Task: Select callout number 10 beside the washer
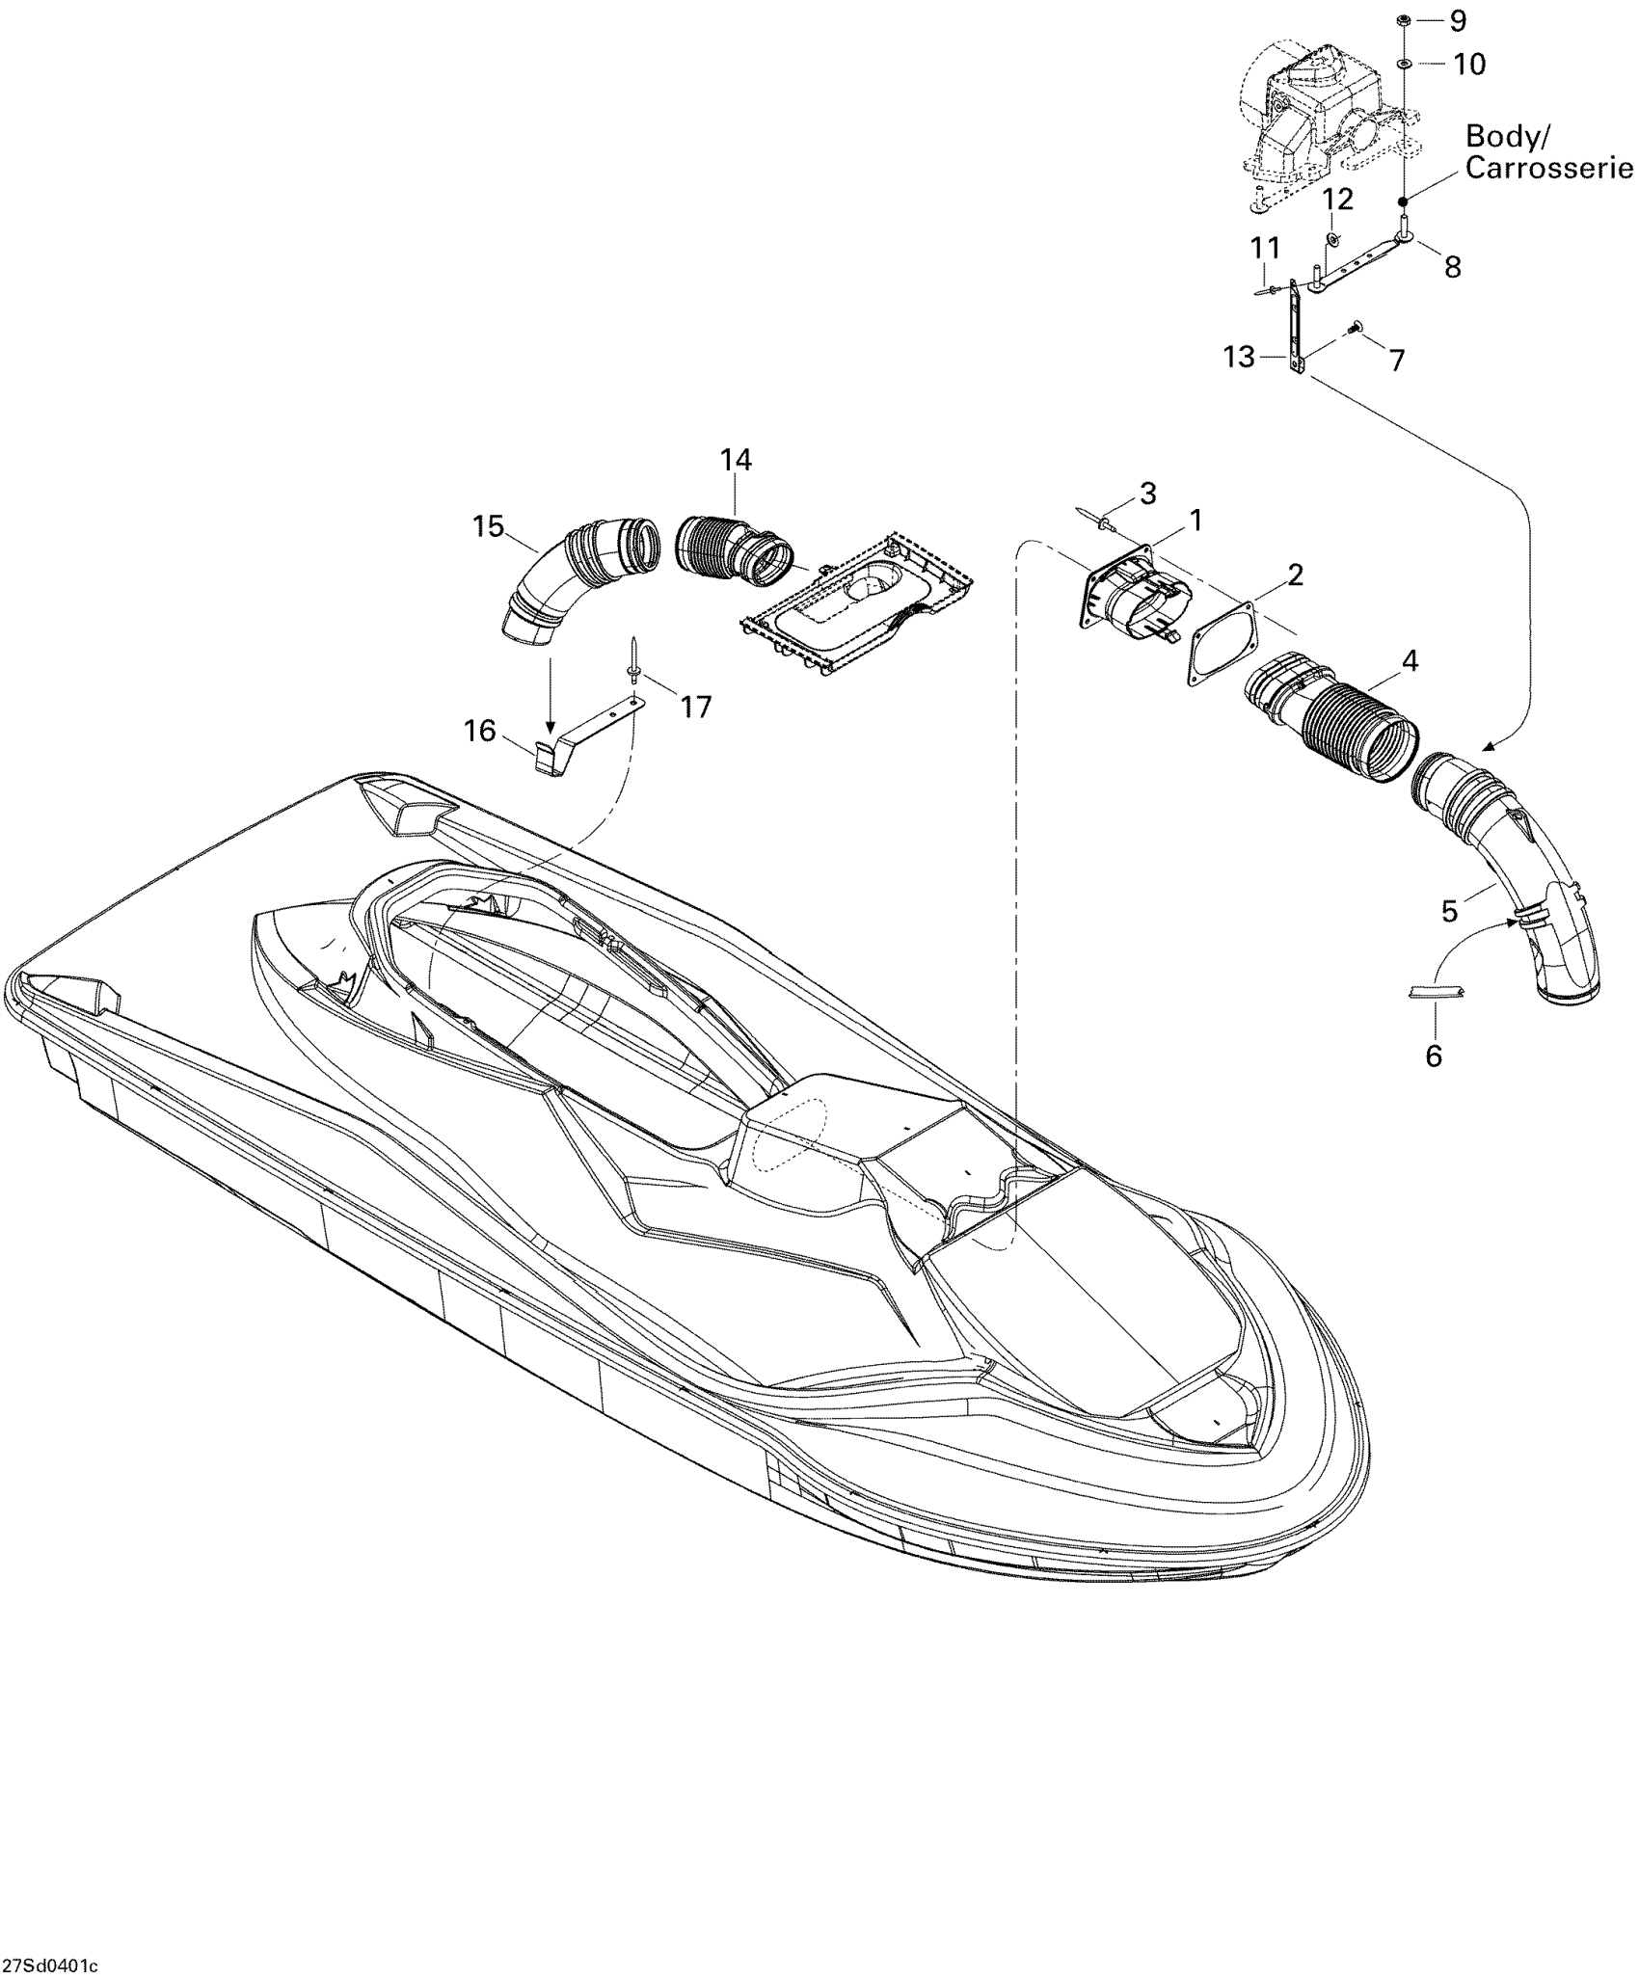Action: (x=1470, y=65)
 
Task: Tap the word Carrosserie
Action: (x=1549, y=168)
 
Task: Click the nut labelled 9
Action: (x=1404, y=19)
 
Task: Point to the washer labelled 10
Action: (x=1404, y=64)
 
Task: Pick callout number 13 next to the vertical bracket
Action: (x=1239, y=358)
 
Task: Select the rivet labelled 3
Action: (x=1101, y=520)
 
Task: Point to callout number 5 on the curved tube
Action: (x=1449, y=911)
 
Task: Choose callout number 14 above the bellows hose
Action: (x=736, y=460)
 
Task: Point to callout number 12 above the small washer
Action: (x=1337, y=200)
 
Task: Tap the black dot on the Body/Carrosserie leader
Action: (x=1404, y=201)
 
